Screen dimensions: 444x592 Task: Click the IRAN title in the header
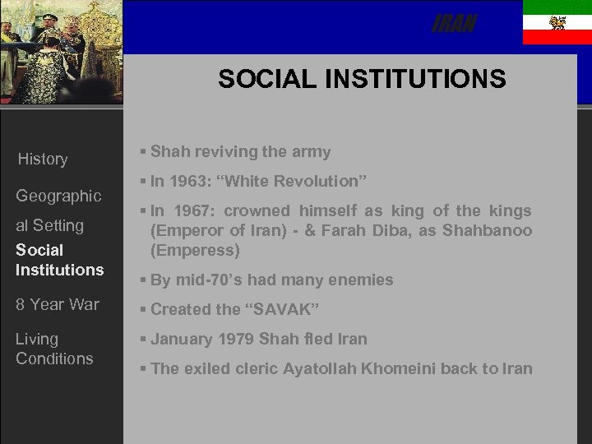454,25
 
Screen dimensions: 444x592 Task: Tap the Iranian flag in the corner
557,23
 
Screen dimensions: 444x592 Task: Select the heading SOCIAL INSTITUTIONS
362,79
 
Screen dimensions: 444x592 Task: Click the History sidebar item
43,160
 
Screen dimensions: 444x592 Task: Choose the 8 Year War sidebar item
58,304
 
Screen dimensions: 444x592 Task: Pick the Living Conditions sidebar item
54,349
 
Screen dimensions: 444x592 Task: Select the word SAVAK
283,309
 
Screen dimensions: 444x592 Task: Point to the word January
183,339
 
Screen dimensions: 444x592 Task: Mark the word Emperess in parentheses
195,250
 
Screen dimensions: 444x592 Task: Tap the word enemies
363,280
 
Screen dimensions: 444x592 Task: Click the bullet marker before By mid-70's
143,280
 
